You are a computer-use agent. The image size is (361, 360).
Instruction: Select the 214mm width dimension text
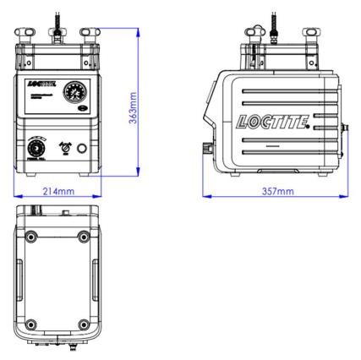point(57,191)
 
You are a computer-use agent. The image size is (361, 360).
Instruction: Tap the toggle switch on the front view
point(61,146)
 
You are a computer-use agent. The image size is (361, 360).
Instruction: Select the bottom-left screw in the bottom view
point(31,324)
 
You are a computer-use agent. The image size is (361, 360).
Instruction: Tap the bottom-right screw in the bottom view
point(83,324)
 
